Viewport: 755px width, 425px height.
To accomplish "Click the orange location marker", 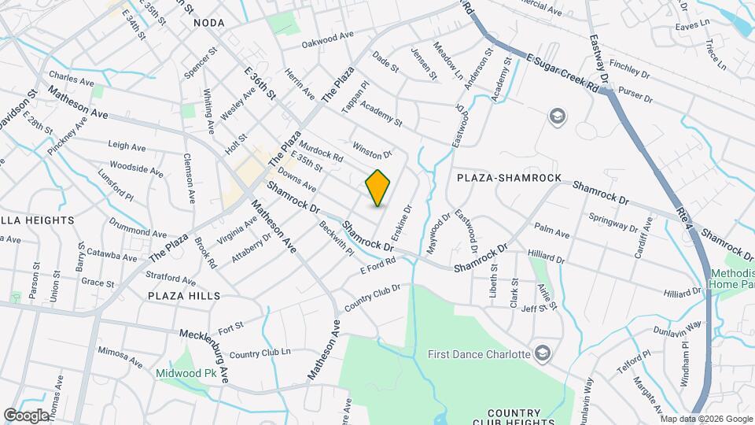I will [x=377, y=188].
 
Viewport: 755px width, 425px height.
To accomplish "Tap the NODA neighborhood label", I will [x=210, y=24].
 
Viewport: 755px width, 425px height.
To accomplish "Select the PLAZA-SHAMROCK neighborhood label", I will [x=510, y=178].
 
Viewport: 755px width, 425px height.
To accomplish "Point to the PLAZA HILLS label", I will [x=184, y=295].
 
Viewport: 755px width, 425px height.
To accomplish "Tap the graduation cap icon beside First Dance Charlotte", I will [x=541, y=353].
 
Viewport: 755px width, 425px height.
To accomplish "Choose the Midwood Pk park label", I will [x=185, y=373].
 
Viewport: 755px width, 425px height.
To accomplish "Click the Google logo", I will [x=26, y=415].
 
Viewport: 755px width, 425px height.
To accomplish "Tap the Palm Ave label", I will [x=551, y=231].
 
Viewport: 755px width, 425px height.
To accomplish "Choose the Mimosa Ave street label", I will [x=120, y=357].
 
